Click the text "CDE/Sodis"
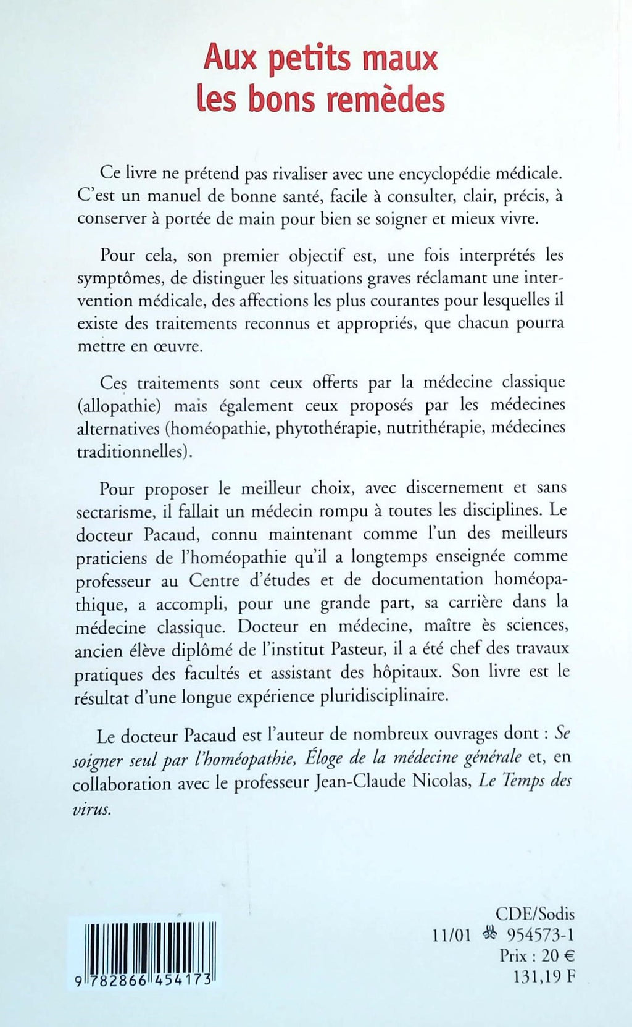pyautogui.click(x=534, y=913)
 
